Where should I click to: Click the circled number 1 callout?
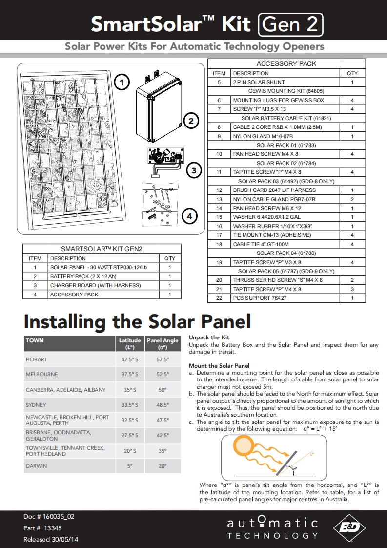click(122, 82)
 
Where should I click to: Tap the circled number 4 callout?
click(189, 215)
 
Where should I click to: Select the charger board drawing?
click(165, 159)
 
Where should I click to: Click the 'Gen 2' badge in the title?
click(290, 24)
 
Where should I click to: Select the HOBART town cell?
click(37, 359)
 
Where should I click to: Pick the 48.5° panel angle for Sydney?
click(163, 405)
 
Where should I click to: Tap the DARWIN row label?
click(37, 466)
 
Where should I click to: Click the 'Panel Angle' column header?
click(163, 343)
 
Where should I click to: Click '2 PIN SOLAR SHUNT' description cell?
click(259, 82)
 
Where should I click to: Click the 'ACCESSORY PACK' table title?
click(286, 63)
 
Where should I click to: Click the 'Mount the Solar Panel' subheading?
click(219, 366)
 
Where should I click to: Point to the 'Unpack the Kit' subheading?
click(209, 337)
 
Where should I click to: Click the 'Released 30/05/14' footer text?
click(51, 539)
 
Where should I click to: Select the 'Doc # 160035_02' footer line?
click(49, 516)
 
